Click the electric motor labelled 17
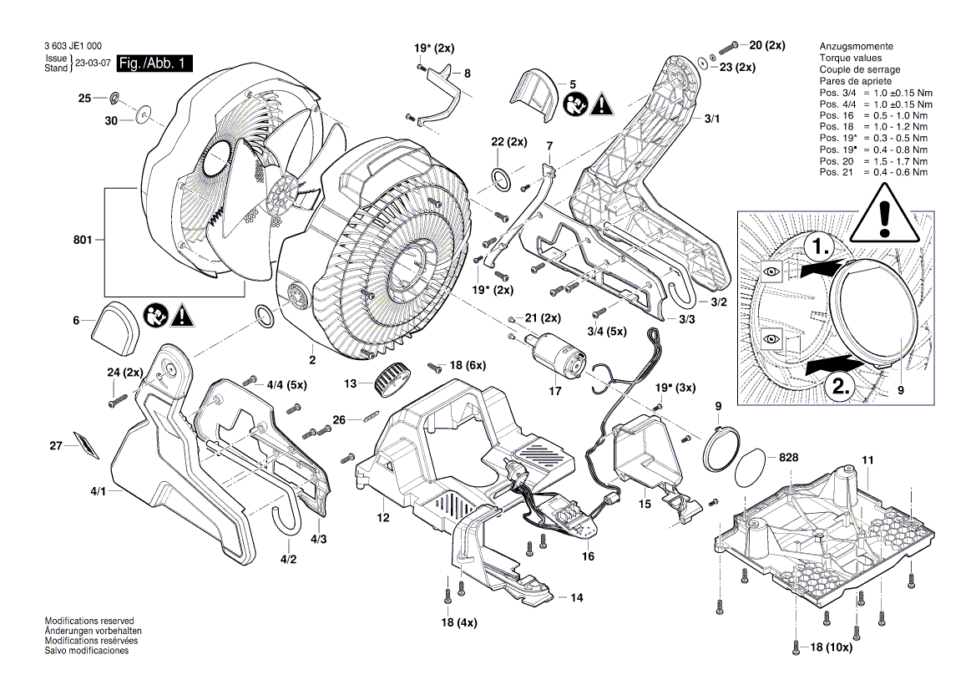(x=552, y=348)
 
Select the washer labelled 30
(x=145, y=112)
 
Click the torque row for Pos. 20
(x=872, y=160)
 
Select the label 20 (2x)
(x=766, y=45)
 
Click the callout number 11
(x=867, y=460)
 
